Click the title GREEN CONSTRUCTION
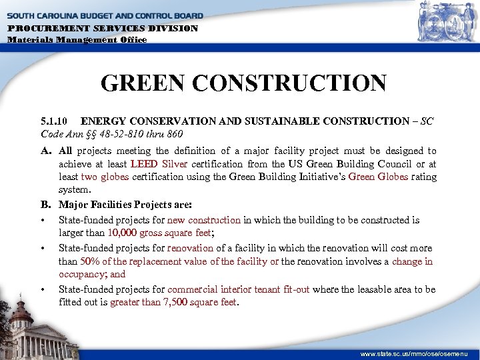click(x=243, y=83)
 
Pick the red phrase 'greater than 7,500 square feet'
click(x=171, y=302)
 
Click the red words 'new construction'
click(x=203, y=220)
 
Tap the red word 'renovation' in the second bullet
click(x=189, y=249)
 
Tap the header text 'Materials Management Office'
click(x=77, y=39)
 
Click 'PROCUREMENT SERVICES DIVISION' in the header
click(x=103, y=29)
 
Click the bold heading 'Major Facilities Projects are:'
click(x=125, y=205)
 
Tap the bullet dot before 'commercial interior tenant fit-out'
click(x=43, y=290)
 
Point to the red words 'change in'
click(x=412, y=261)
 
